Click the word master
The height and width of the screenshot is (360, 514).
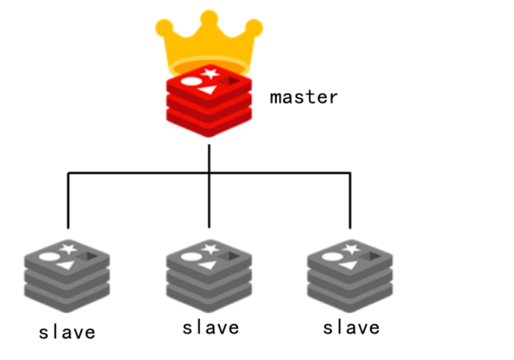point(303,97)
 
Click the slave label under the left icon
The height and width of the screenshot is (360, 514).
point(67,332)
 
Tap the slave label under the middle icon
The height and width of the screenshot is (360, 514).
point(210,328)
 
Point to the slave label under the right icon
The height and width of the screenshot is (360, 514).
point(351,328)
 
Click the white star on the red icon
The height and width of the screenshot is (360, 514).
point(209,72)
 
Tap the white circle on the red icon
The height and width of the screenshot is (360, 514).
point(190,81)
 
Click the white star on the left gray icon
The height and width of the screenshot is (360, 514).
point(68,248)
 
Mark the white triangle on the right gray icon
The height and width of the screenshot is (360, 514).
point(348,265)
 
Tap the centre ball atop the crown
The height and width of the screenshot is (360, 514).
point(209,18)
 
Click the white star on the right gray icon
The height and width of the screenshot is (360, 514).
point(350,248)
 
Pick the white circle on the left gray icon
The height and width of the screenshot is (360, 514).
point(48,257)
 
